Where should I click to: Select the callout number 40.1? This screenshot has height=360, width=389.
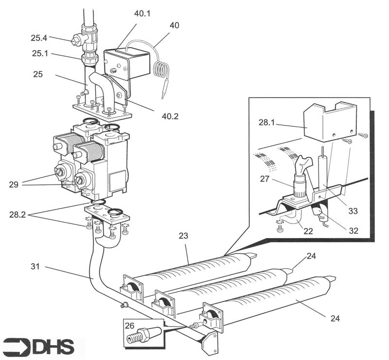(142, 14)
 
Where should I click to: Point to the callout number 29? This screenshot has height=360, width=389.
(14, 184)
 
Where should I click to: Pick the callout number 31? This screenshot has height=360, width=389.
(22, 266)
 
